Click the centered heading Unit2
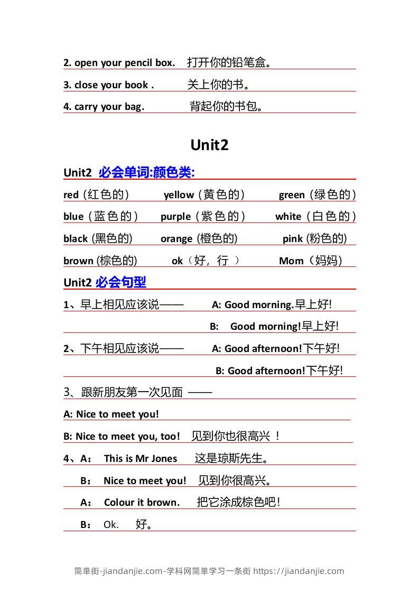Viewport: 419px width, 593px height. (x=209, y=145)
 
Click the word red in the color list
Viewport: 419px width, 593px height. (x=71, y=195)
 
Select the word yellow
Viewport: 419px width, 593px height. (x=179, y=195)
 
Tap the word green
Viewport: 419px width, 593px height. (x=292, y=195)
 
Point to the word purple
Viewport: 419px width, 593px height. (x=175, y=217)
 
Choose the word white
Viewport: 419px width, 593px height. (x=288, y=217)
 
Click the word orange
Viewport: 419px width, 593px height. (x=176, y=239)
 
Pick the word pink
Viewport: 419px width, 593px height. (x=293, y=239)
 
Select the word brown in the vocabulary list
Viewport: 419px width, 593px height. (x=78, y=261)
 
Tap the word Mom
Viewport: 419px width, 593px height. (x=291, y=261)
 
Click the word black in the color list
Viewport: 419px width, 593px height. (x=76, y=239)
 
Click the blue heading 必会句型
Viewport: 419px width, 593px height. (x=121, y=282)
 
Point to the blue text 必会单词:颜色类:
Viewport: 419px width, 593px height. (x=147, y=172)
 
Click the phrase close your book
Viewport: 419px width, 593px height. (x=113, y=85)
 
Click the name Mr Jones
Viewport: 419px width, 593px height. (x=156, y=459)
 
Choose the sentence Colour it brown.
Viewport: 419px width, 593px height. (x=142, y=503)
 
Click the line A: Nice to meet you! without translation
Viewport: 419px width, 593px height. (x=111, y=414)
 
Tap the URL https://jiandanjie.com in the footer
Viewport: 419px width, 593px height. (x=299, y=571)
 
